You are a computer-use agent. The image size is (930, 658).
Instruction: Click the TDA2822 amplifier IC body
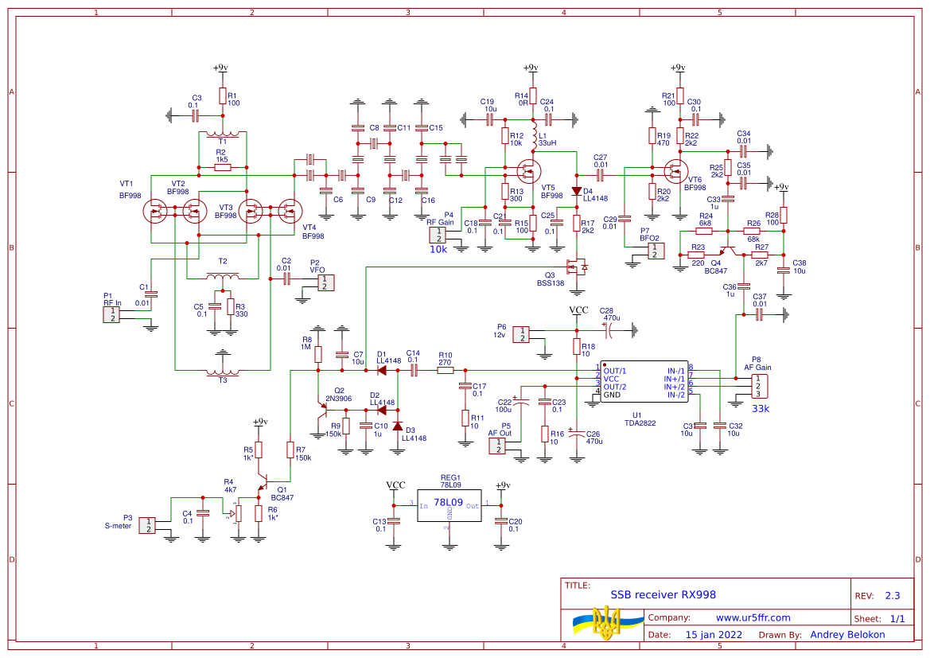tap(644, 384)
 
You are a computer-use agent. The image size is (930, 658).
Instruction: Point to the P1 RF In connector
tap(112, 313)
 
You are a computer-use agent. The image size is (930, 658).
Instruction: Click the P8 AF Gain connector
tap(758, 386)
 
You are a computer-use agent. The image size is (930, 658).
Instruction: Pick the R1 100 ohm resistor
tap(223, 96)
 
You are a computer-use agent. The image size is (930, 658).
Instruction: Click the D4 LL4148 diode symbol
tap(577, 191)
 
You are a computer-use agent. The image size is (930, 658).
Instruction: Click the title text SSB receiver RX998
tap(663, 594)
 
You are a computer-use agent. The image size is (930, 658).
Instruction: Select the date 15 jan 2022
tap(714, 635)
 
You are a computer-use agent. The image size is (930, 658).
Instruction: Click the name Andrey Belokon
tap(847, 635)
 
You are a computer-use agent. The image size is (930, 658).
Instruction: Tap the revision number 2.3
tap(893, 595)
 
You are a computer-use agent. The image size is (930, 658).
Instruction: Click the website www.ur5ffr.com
tap(753, 617)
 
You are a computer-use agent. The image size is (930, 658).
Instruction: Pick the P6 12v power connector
tap(521, 334)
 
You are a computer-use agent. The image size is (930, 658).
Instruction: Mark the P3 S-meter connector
tap(147, 525)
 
